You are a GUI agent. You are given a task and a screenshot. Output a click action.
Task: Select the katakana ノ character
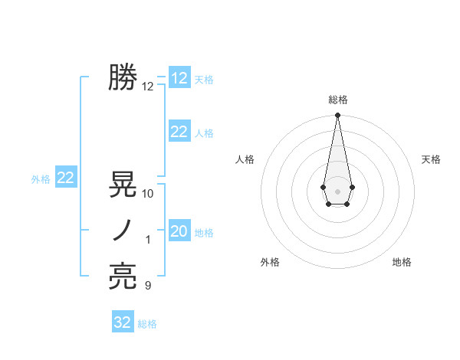coord(123,231)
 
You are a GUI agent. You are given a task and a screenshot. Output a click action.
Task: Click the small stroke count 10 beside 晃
coord(148,194)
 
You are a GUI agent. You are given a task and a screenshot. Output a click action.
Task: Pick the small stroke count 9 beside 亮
coord(148,286)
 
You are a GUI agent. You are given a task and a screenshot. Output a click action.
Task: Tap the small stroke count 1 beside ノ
coord(148,240)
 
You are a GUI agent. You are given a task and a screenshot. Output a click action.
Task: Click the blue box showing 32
coord(123,322)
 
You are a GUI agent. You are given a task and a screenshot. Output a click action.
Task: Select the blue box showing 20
coord(179,231)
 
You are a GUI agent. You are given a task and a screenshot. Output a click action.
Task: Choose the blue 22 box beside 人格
coord(179,132)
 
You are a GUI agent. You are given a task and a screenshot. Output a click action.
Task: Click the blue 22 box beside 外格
coord(65,178)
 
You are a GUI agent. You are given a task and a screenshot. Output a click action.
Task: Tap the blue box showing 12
coord(179,78)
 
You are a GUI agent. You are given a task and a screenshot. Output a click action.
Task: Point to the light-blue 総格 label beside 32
coord(147,324)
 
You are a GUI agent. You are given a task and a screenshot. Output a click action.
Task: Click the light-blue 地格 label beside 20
coord(204,233)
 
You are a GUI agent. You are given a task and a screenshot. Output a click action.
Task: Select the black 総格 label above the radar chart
coord(338,100)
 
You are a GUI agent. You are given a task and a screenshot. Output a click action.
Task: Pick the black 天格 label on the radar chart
coord(431,159)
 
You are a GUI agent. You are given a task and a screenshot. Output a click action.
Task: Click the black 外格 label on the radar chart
coord(270,262)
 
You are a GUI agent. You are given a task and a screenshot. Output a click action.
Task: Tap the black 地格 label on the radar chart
coord(402,262)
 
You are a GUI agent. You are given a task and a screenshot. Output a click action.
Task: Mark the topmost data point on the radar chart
coord(337,116)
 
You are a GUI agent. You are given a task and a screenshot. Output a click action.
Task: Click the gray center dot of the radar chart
coord(337,190)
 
